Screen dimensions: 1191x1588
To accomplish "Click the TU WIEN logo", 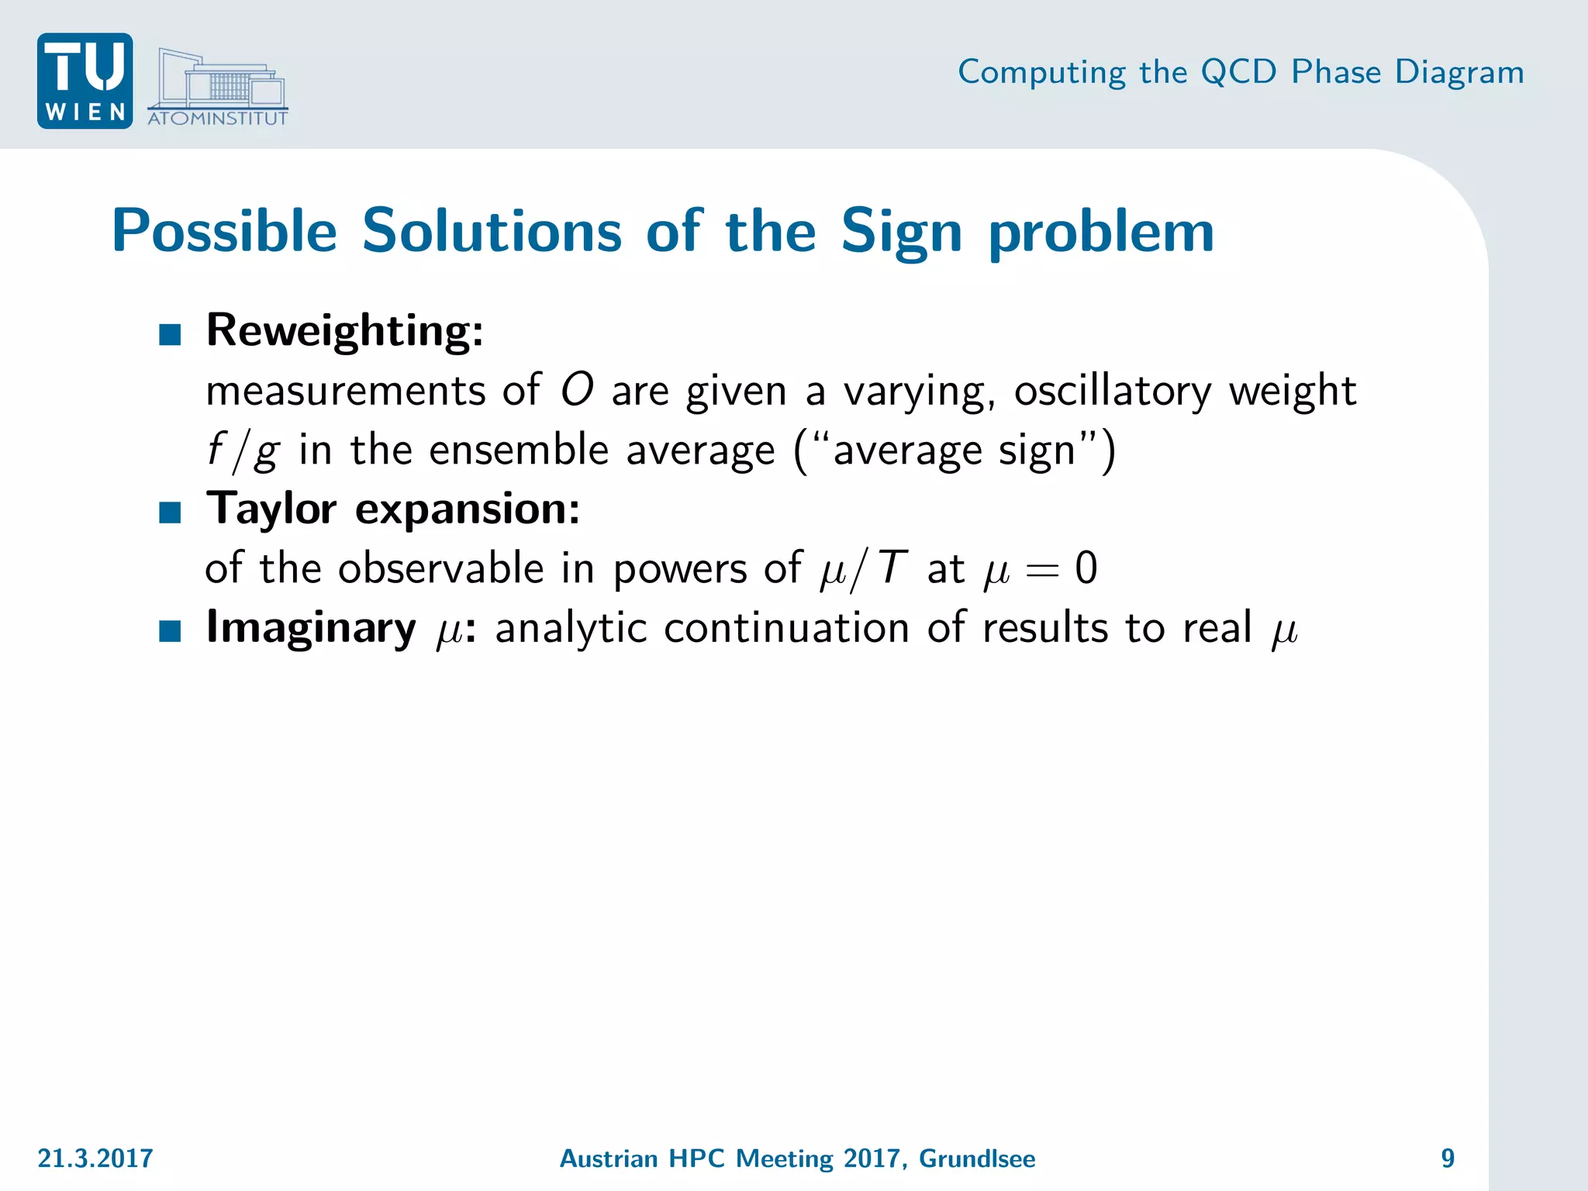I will [85, 81].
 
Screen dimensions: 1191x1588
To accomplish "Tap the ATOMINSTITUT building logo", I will [218, 88].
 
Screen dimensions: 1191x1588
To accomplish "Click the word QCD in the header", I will [1238, 72].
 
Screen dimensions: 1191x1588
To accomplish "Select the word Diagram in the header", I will [1459, 72].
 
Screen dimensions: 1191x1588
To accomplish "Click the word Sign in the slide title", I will [901, 233].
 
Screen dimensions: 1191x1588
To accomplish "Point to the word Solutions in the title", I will [492, 231].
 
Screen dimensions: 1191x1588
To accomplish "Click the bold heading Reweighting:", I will [345, 331].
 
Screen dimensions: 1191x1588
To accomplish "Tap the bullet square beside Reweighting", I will [170, 335].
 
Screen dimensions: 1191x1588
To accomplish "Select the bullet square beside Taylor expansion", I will [170, 513].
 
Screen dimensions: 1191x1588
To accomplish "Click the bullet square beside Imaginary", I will [170, 631].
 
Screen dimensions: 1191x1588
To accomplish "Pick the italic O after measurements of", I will [577, 389].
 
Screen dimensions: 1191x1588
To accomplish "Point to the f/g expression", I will [242, 451].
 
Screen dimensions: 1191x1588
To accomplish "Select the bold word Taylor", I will [271, 510].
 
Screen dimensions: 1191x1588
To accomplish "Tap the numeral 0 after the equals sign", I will [1086, 568].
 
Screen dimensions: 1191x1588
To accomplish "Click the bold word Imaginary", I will [310, 629].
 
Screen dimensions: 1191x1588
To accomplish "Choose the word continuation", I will [786, 627].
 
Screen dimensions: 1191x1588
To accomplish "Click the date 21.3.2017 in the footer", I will [95, 1158].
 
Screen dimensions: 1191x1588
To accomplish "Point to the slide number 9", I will [1448, 1158].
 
